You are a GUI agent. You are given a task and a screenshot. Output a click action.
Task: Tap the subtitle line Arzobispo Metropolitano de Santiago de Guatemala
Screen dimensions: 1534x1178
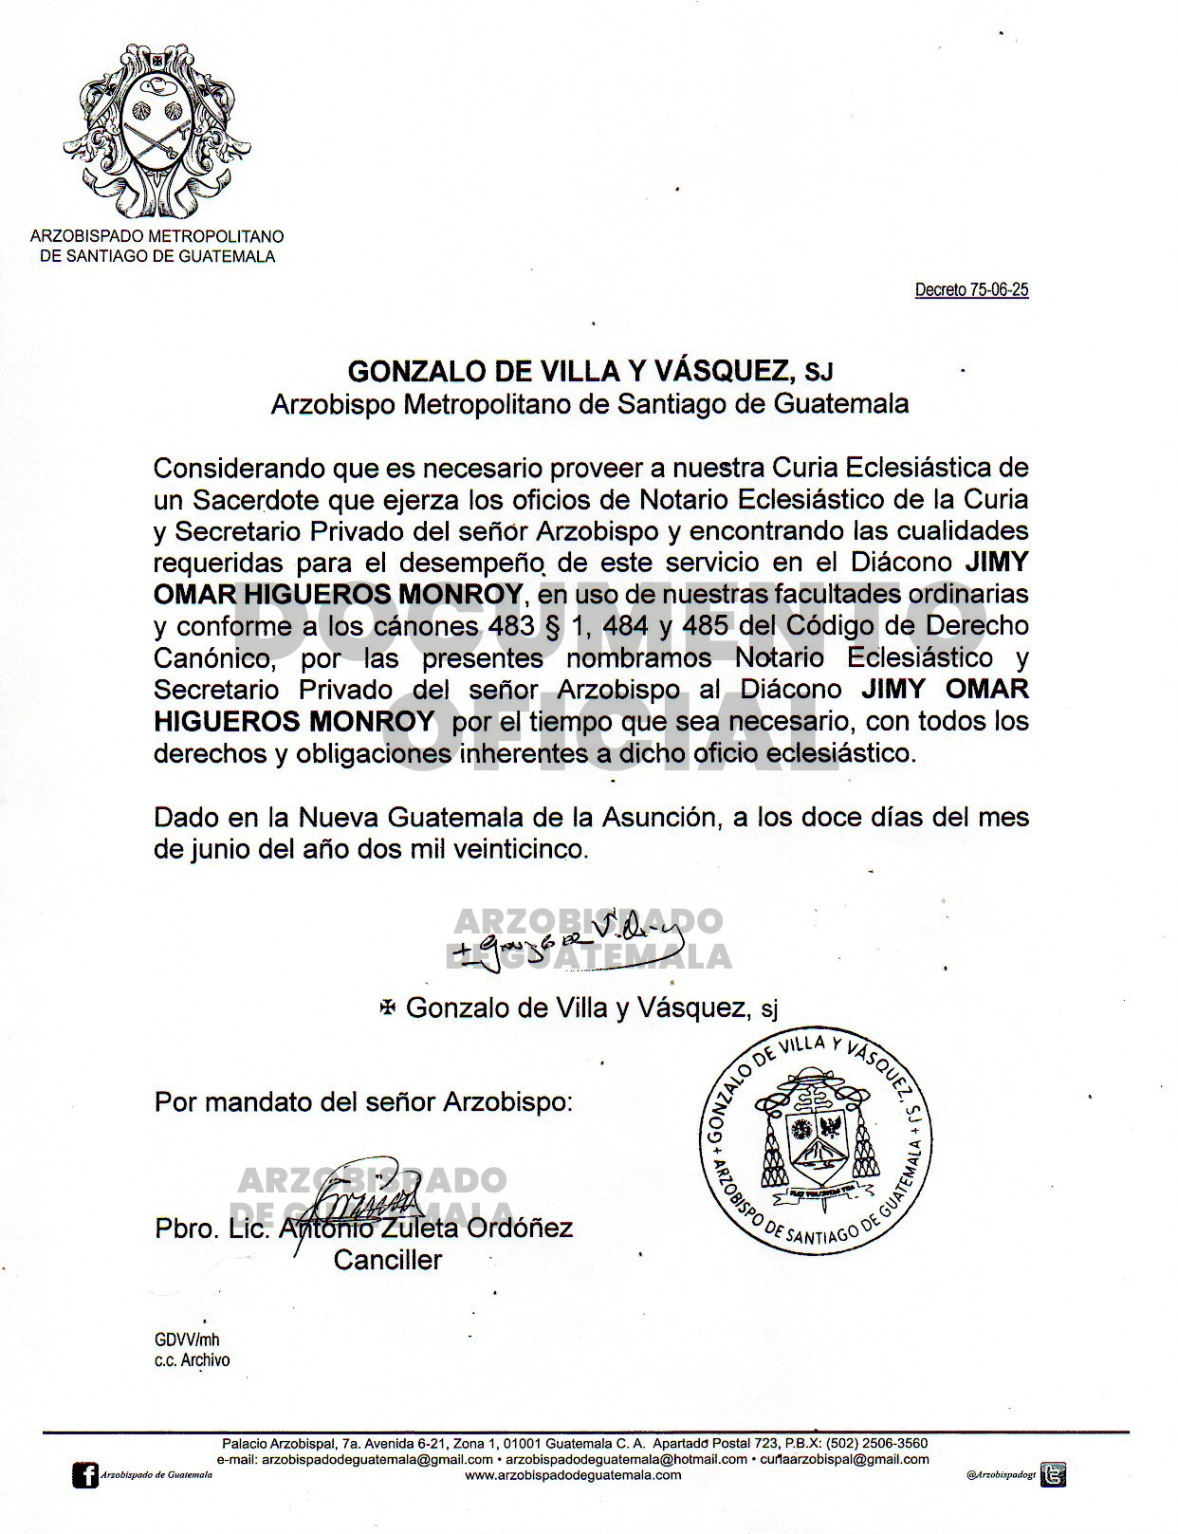click(589, 404)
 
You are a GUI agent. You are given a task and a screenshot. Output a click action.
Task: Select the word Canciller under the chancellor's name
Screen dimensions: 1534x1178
click(388, 1260)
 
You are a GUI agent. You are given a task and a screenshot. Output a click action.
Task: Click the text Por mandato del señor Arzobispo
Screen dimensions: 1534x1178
click(363, 1102)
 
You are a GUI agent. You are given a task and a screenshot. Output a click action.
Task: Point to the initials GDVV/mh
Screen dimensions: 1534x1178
click(187, 1340)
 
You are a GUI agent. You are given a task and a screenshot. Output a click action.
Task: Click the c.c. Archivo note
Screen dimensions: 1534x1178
click(192, 1359)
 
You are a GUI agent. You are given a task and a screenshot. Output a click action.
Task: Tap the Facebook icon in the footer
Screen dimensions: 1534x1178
click(85, 1475)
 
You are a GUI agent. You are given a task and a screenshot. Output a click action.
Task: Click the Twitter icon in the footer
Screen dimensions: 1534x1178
click(1054, 1474)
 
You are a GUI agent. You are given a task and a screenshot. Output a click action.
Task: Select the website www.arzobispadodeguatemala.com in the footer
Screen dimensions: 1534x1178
click(573, 1474)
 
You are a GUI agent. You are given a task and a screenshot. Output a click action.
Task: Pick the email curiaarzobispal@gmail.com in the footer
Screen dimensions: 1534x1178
click(844, 1459)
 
